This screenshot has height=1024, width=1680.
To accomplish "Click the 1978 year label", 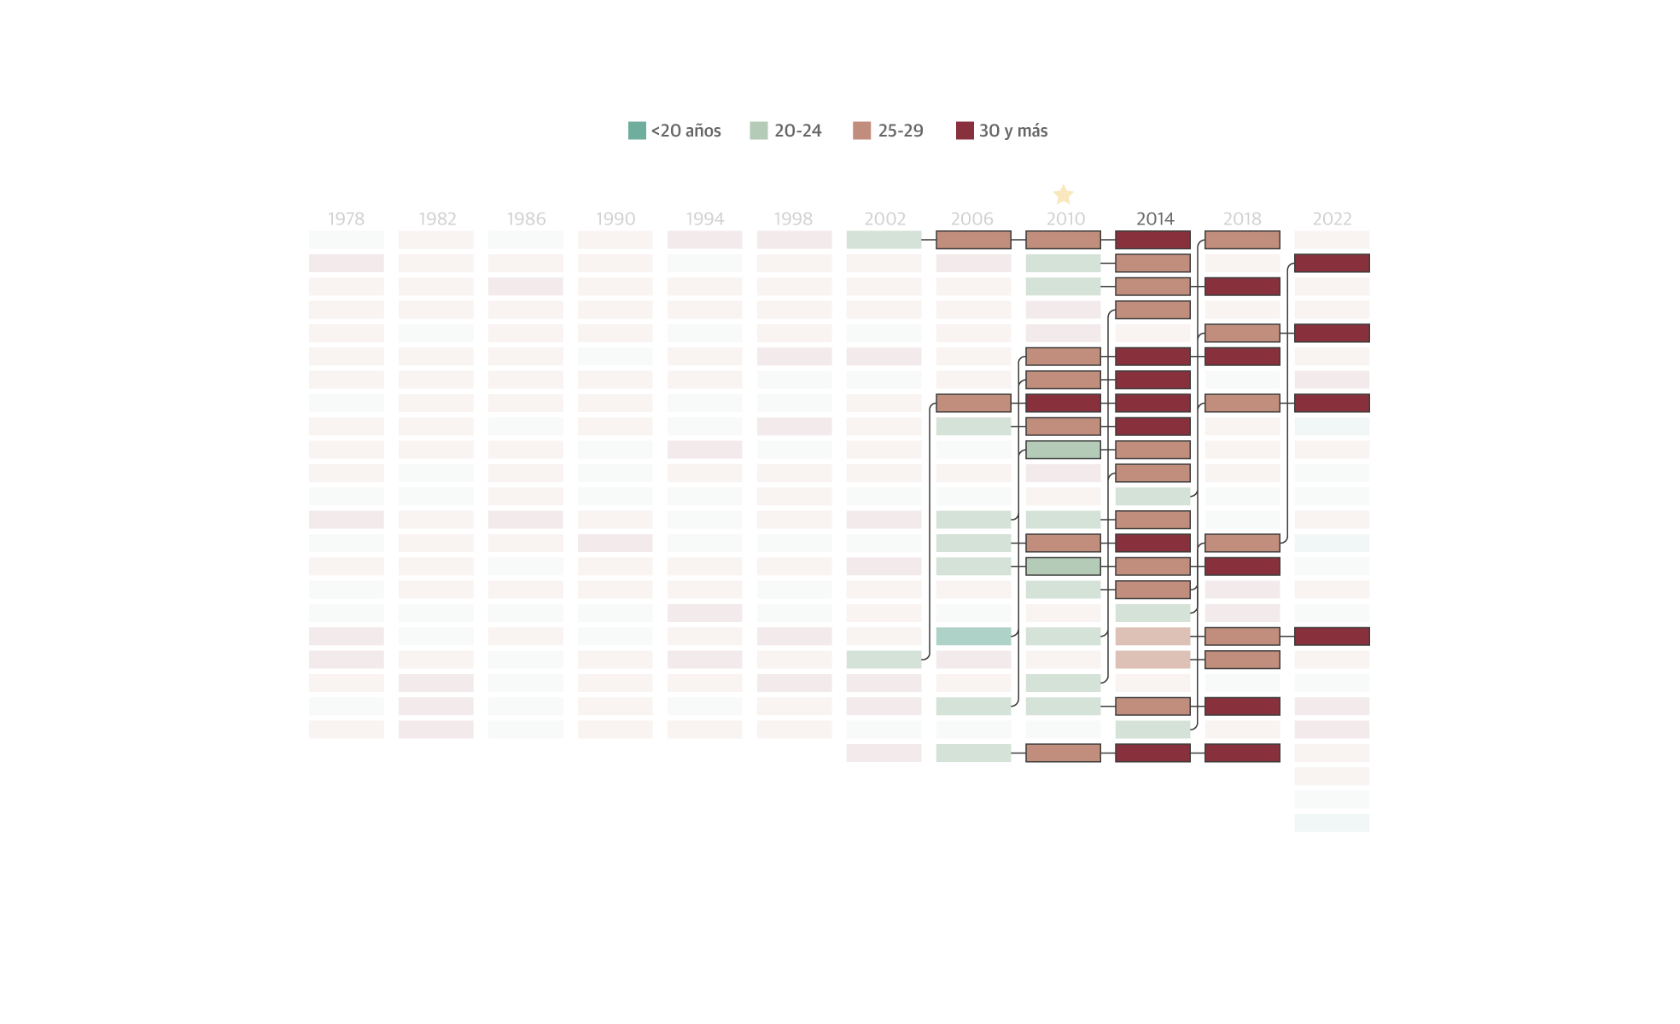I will pos(346,218).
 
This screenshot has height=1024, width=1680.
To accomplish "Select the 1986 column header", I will pos(526,218).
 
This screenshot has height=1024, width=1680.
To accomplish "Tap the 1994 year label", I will pos(704,218).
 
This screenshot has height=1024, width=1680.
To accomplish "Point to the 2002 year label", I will pos(884,218).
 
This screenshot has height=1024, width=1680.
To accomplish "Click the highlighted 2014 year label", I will pos(1155,218).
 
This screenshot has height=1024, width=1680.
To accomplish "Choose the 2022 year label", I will pos(1332,218).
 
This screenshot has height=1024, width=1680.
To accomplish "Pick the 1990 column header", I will pos(615,218).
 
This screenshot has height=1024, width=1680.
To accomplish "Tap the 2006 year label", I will pos(972,218).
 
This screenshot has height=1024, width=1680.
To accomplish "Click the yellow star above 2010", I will pos(1063,195).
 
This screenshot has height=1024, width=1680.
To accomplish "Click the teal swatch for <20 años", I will pos(637,131).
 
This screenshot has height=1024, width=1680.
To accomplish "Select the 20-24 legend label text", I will pos(797,131).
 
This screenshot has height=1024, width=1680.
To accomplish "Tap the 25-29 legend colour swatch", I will pos(861,131).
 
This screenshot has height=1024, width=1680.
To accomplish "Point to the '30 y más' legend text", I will pos(1012,131).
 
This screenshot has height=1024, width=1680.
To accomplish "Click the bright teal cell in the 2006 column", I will pos(973,636).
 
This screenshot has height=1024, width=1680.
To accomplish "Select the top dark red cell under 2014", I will pos(1152,240).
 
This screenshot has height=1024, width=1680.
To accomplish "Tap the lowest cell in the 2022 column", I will pos(1332,823).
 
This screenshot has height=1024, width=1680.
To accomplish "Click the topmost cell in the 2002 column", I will pos(884,240).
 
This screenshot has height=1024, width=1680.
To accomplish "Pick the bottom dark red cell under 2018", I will pos(1242,753).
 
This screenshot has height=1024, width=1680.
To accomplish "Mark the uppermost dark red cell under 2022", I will pos(1332,263).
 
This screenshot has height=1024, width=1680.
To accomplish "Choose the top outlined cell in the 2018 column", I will pos(1242,240).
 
